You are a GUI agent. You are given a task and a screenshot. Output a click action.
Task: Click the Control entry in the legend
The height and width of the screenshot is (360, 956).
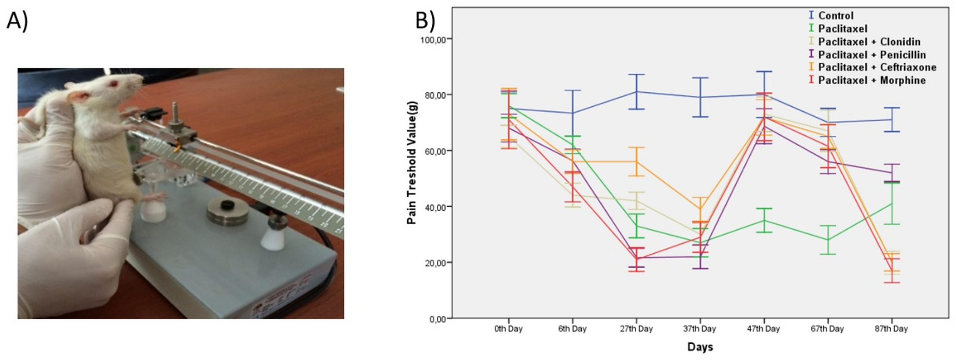coord(836,16)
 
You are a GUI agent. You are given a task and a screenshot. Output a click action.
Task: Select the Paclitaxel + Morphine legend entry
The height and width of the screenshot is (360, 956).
coord(871,80)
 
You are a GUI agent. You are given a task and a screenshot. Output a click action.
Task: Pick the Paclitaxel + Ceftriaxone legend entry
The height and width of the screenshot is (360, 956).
coord(876,68)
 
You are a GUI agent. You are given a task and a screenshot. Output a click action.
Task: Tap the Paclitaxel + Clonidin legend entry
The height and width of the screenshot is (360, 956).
coord(869,42)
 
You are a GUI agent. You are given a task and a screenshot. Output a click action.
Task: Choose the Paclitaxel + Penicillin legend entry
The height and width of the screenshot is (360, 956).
coord(871,55)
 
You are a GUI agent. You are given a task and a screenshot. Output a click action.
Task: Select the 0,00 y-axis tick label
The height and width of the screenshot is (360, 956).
coord(437,319)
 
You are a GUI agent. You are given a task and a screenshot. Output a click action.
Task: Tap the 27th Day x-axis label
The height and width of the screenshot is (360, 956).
coord(636,329)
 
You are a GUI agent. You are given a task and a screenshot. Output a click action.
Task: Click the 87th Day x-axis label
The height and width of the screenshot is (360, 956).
coord(891,329)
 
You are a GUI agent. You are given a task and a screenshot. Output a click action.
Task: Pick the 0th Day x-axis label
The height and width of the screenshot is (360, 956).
coord(508,329)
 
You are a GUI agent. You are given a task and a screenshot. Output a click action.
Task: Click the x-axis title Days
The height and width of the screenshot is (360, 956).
coord(700,347)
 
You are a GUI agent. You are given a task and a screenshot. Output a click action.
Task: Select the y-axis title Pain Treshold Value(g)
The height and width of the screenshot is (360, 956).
coord(412,163)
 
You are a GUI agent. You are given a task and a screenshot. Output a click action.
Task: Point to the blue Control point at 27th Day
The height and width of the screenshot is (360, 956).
coord(637,92)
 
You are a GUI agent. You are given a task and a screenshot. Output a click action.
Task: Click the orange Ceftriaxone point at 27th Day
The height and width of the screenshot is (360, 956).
coord(637,162)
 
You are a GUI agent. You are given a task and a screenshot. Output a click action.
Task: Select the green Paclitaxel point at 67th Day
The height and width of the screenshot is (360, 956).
coord(828,240)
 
